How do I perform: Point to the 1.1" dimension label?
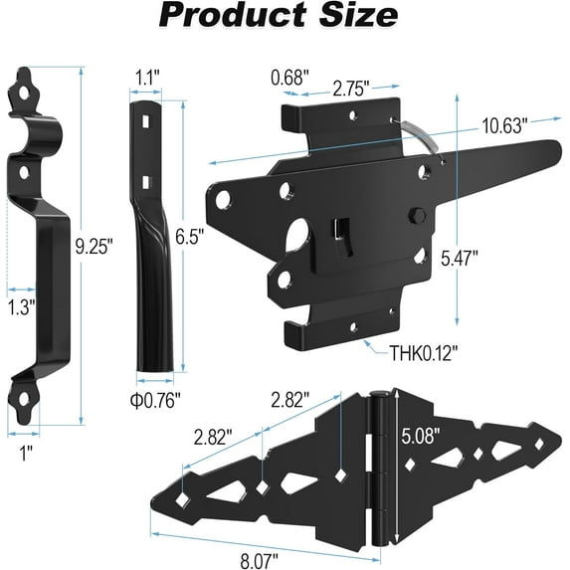pyautogui.click(x=149, y=76)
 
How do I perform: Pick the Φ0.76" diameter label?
pyautogui.click(x=155, y=400)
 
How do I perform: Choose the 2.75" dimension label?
pyautogui.click(x=351, y=88)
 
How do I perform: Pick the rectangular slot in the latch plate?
pyautogui.click(x=337, y=230)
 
